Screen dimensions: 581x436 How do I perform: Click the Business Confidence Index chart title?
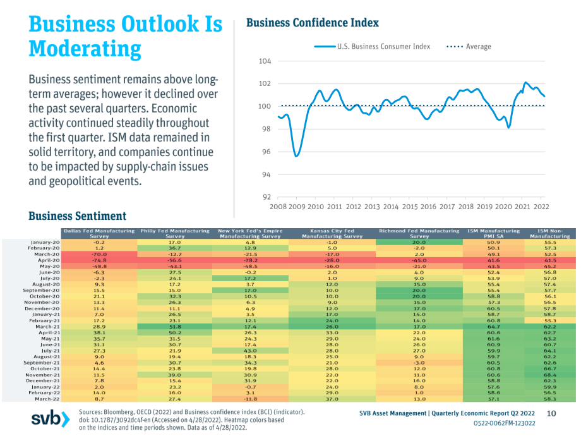(x=313, y=23)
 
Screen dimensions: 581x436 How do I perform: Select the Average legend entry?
(x=469, y=47)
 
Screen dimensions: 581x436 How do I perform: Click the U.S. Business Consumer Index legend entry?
(x=372, y=47)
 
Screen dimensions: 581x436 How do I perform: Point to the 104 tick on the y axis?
(x=265, y=61)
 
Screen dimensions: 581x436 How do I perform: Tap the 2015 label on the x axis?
(x=410, y=207)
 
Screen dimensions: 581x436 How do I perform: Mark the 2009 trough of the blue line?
(x=296, y=156)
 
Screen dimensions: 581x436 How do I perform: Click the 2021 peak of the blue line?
(x=526, y=83)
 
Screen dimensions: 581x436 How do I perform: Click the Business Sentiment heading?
(x=78, y=215)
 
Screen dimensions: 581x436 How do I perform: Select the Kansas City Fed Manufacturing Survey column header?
(x=332, y=233)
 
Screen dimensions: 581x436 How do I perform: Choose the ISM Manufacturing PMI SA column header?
(x=494, y=233)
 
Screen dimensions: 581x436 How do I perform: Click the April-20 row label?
(x=49, y=260)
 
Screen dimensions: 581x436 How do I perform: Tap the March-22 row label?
(x=47, y=399)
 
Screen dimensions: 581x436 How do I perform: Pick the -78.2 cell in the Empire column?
(x=251, y=260)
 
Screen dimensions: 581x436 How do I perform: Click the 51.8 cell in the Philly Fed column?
(x=174, y=327)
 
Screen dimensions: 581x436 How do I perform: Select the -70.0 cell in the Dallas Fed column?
(x=99, y=254)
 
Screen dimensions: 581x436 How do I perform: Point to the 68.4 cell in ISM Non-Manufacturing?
(x=550, y=375)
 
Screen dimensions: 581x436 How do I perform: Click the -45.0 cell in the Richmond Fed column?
(x=419, y=260)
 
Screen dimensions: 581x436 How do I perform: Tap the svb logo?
(x=51, y=419)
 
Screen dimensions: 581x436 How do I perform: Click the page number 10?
(x=551, y=413)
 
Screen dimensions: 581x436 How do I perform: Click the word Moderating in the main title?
(x=85, y=49)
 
